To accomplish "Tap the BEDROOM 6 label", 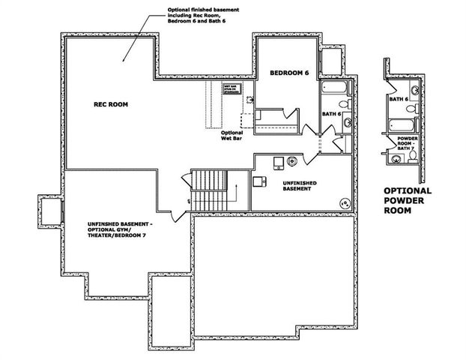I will [288, 72].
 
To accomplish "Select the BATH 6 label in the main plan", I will [332, 114].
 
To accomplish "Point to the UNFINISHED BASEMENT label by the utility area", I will [299, 186].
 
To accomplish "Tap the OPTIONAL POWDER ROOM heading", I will [409, 201].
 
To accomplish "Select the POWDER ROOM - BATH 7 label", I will [407, 143].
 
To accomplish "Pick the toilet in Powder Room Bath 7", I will [394, 158].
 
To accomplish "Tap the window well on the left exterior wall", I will [50, 211].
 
